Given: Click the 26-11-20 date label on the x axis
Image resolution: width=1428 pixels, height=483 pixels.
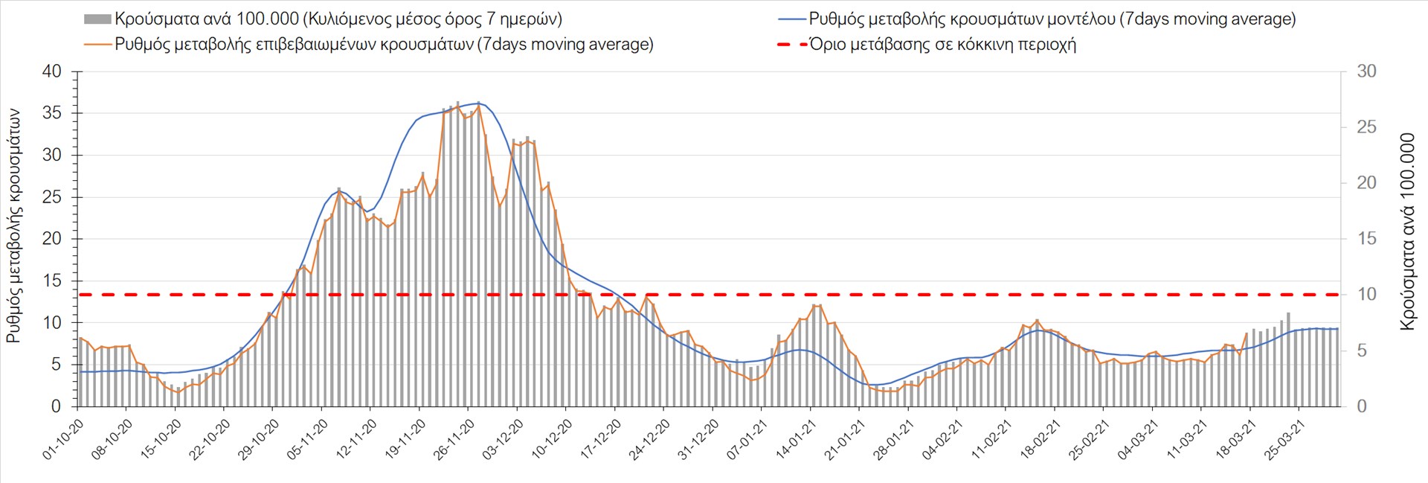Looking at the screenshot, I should pyautogui.click(x=454, y=439).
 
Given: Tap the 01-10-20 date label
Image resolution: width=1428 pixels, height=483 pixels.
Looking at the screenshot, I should pyautogui.click(x=63, y=439).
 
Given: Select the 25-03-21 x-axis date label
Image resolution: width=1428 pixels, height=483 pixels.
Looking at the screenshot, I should pyautogui.click(x=1285, y=439).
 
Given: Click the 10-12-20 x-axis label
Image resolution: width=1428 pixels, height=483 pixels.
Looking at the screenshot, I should pyautogui.click(x=552, y=439).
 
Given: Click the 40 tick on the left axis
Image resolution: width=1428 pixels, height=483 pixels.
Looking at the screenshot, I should pyautogui.click(x=52, y=71).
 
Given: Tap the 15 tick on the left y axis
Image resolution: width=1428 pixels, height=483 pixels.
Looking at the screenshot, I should pyautogui.click(x=52, y=281).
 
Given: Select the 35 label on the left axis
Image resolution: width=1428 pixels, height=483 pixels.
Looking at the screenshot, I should pyautogui.click(x=52, y=113).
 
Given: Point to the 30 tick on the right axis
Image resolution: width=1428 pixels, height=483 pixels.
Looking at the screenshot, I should pyautogui.click(x=1366, y=71).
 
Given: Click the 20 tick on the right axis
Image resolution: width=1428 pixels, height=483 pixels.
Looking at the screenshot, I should pyautogui.click(x=1366, y=183).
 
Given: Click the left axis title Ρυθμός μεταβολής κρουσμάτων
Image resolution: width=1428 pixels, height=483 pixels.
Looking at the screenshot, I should pyautogui.click(x=13, y=226).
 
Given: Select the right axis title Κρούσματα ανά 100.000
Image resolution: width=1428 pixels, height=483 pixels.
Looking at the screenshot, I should pyautogui.click(x=1407, y=231).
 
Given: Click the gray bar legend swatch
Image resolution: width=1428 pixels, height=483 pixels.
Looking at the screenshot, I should pyautogui.click(x=97, y=19).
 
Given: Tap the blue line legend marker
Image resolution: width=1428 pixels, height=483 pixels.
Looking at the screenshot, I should pyautogui.click(x=792, y=19).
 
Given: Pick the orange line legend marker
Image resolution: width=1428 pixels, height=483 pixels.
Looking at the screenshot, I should pyautogui.click(x=97, y=45).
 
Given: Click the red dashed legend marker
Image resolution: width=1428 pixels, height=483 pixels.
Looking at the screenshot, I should pyautogui.click(x=792, y=45).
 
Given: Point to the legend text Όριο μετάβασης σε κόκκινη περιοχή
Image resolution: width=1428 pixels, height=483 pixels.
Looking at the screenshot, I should pyautogui.click(x=942, y=45).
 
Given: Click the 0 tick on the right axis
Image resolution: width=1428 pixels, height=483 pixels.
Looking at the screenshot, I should pyautogui.click(x=1362, y=406).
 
